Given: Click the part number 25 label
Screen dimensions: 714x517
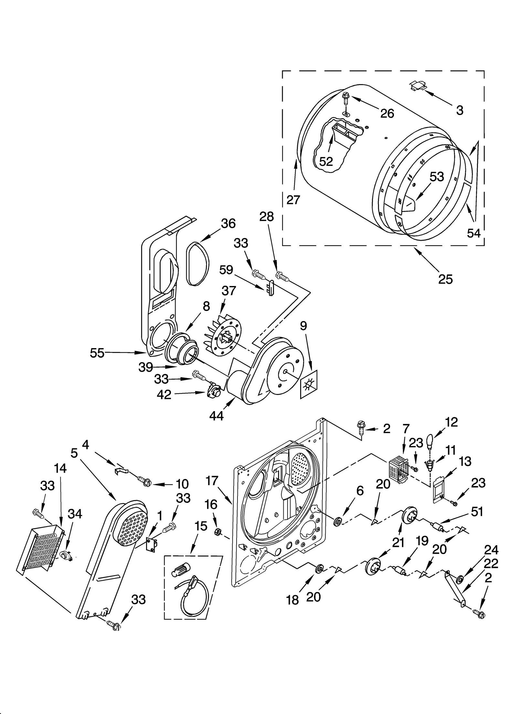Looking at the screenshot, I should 445,279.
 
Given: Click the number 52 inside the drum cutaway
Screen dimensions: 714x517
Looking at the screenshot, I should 326,161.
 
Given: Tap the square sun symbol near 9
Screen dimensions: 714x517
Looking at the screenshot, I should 309,384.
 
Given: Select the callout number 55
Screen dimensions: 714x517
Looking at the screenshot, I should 97,353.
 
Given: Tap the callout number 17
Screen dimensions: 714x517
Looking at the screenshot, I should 212,481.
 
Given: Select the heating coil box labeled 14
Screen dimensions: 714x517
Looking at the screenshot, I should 40,546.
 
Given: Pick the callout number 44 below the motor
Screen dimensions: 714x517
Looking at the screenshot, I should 216,416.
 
